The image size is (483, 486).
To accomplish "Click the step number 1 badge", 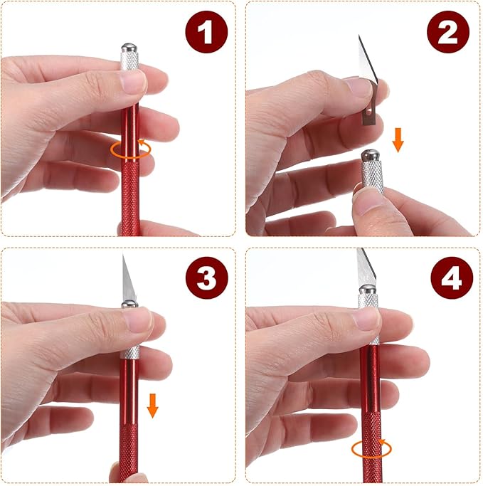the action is point(206,32).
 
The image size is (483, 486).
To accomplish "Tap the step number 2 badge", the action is point(448,32).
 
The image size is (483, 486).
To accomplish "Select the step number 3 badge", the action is point(207,278).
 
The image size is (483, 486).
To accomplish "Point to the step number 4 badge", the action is point(452,278).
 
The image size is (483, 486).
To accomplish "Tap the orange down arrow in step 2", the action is point(398,140).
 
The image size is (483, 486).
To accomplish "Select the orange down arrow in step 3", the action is point(152,406).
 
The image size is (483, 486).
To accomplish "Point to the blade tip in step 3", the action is point(123,254).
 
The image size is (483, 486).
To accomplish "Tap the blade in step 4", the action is point(366,267).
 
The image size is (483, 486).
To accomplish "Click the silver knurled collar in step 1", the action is point(129,61).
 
